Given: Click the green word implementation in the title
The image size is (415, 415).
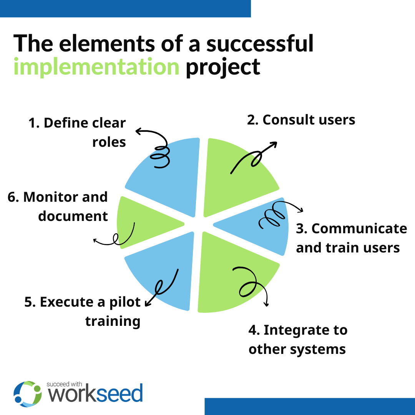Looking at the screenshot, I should point(96,66).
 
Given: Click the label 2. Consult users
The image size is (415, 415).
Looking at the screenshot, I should point(301,120).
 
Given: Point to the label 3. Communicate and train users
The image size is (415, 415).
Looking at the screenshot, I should point(351,238).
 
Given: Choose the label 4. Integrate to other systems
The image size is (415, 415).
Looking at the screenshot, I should point(298,340).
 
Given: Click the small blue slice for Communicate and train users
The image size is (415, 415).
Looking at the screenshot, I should point(261,227).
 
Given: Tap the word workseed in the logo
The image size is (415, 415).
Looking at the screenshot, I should point(96,395).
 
